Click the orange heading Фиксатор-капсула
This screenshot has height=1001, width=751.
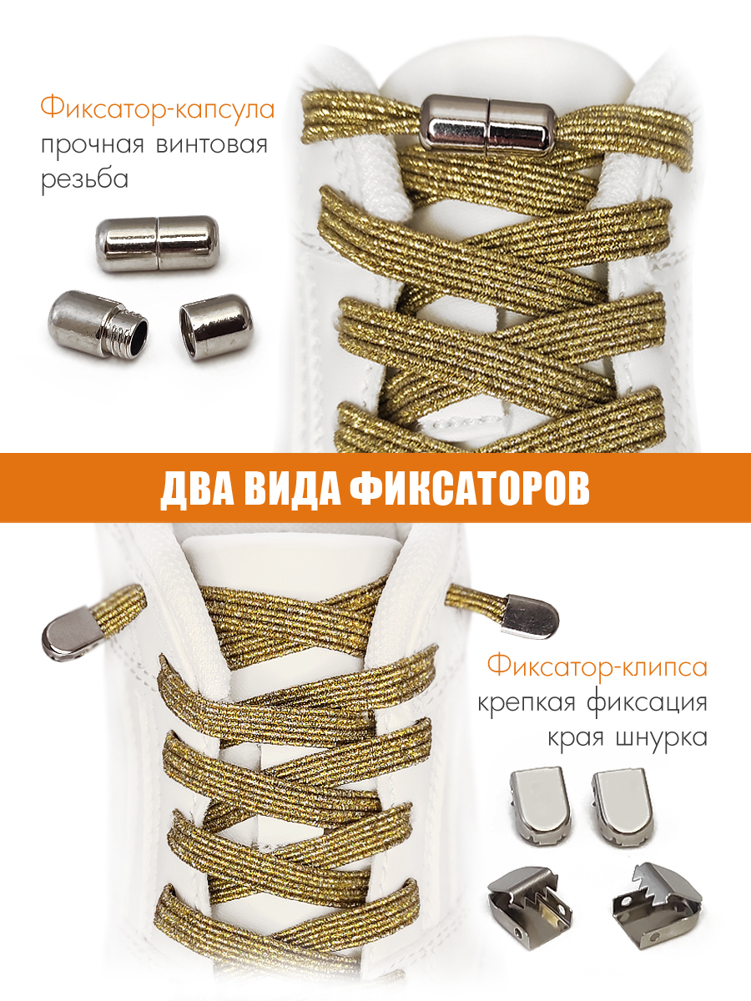(158, 108)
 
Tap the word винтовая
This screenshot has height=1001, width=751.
(212, 145)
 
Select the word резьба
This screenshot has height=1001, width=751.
(85, 179)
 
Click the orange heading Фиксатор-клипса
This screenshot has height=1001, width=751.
(597, 666)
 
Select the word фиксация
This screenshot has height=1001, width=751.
(647, 704)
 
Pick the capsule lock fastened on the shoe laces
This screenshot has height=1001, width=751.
(488, 123)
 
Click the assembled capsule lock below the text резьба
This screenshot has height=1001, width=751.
(158, 244)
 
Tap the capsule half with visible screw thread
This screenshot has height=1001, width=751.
(98, 324)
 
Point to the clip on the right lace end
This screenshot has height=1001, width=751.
(531, 616)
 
